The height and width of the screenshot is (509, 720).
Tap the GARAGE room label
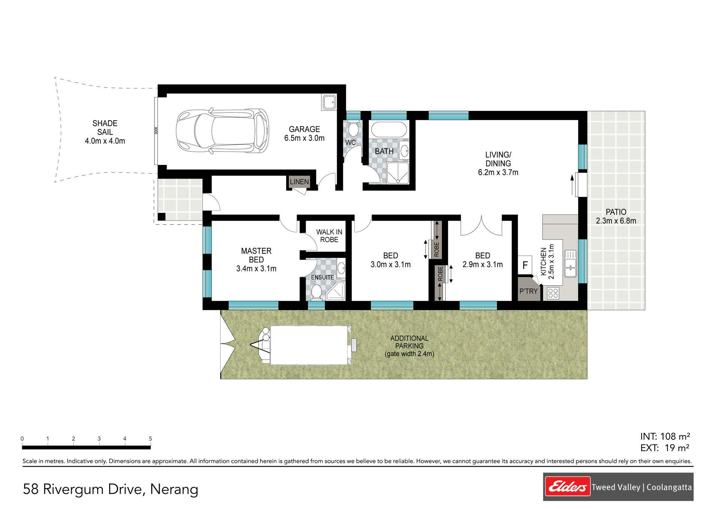coord(304,129)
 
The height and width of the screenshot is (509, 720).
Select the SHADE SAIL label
coord(105,128)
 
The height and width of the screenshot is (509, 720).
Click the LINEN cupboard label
coord(299,182)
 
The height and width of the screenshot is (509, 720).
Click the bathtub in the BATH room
coord(389,130)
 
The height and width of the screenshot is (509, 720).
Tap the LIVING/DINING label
coord(498,159)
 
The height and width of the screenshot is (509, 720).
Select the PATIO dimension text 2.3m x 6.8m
coord(616,221)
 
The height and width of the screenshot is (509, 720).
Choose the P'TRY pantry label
coord(528,291)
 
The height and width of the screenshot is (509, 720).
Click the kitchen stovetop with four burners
coord(553,293)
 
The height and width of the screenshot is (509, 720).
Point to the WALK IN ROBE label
coord(329,236)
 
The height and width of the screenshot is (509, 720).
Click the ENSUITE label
coord(322,277)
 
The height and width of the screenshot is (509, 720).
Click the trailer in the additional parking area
coord(304,345)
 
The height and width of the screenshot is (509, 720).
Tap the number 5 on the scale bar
coord(150,439)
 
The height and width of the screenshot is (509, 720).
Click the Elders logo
coord(567,487)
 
